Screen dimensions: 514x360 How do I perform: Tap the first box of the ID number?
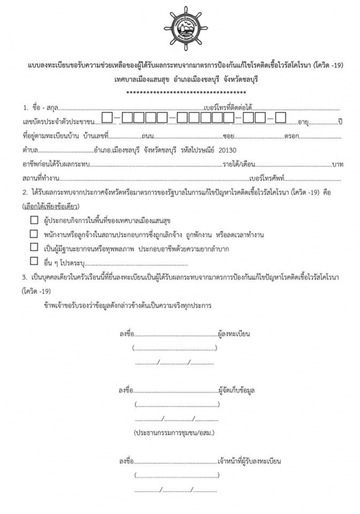tap(107, 118)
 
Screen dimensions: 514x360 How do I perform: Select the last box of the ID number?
tap(281, 118)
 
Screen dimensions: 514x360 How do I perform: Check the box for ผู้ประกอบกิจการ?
tap(34, 221)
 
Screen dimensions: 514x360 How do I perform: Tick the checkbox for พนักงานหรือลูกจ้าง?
tap(34, 234)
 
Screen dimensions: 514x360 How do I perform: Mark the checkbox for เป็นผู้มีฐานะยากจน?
tap(34, 247)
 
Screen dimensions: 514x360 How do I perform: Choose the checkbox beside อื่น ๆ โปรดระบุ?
tap(34, 261)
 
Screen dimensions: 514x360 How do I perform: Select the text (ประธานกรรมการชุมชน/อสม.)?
tap(174, 433)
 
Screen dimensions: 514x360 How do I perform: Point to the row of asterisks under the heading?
tap(186, 93)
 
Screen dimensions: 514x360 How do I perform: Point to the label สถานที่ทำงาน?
tap(40, 178)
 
